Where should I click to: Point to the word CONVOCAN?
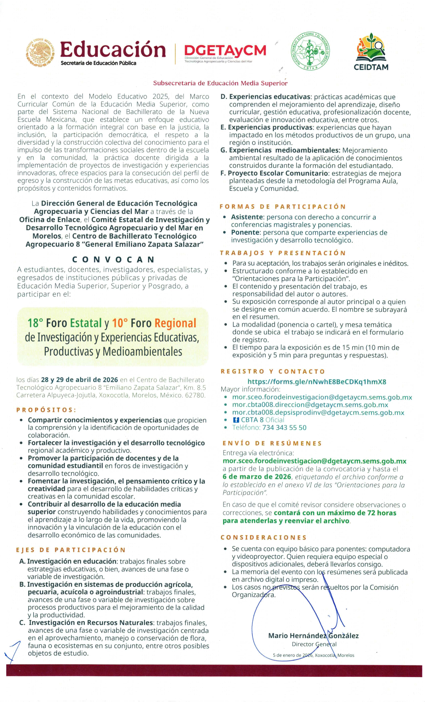pos(113,260)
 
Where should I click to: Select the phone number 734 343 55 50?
pos(284,428)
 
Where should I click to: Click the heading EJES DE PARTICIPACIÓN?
pos(71,550)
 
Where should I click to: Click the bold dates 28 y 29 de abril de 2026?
pos(79,380)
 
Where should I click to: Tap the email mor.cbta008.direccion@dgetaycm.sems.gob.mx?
pos(310,405)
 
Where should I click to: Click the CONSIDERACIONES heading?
pos(263,538)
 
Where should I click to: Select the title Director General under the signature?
pos(314,644)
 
